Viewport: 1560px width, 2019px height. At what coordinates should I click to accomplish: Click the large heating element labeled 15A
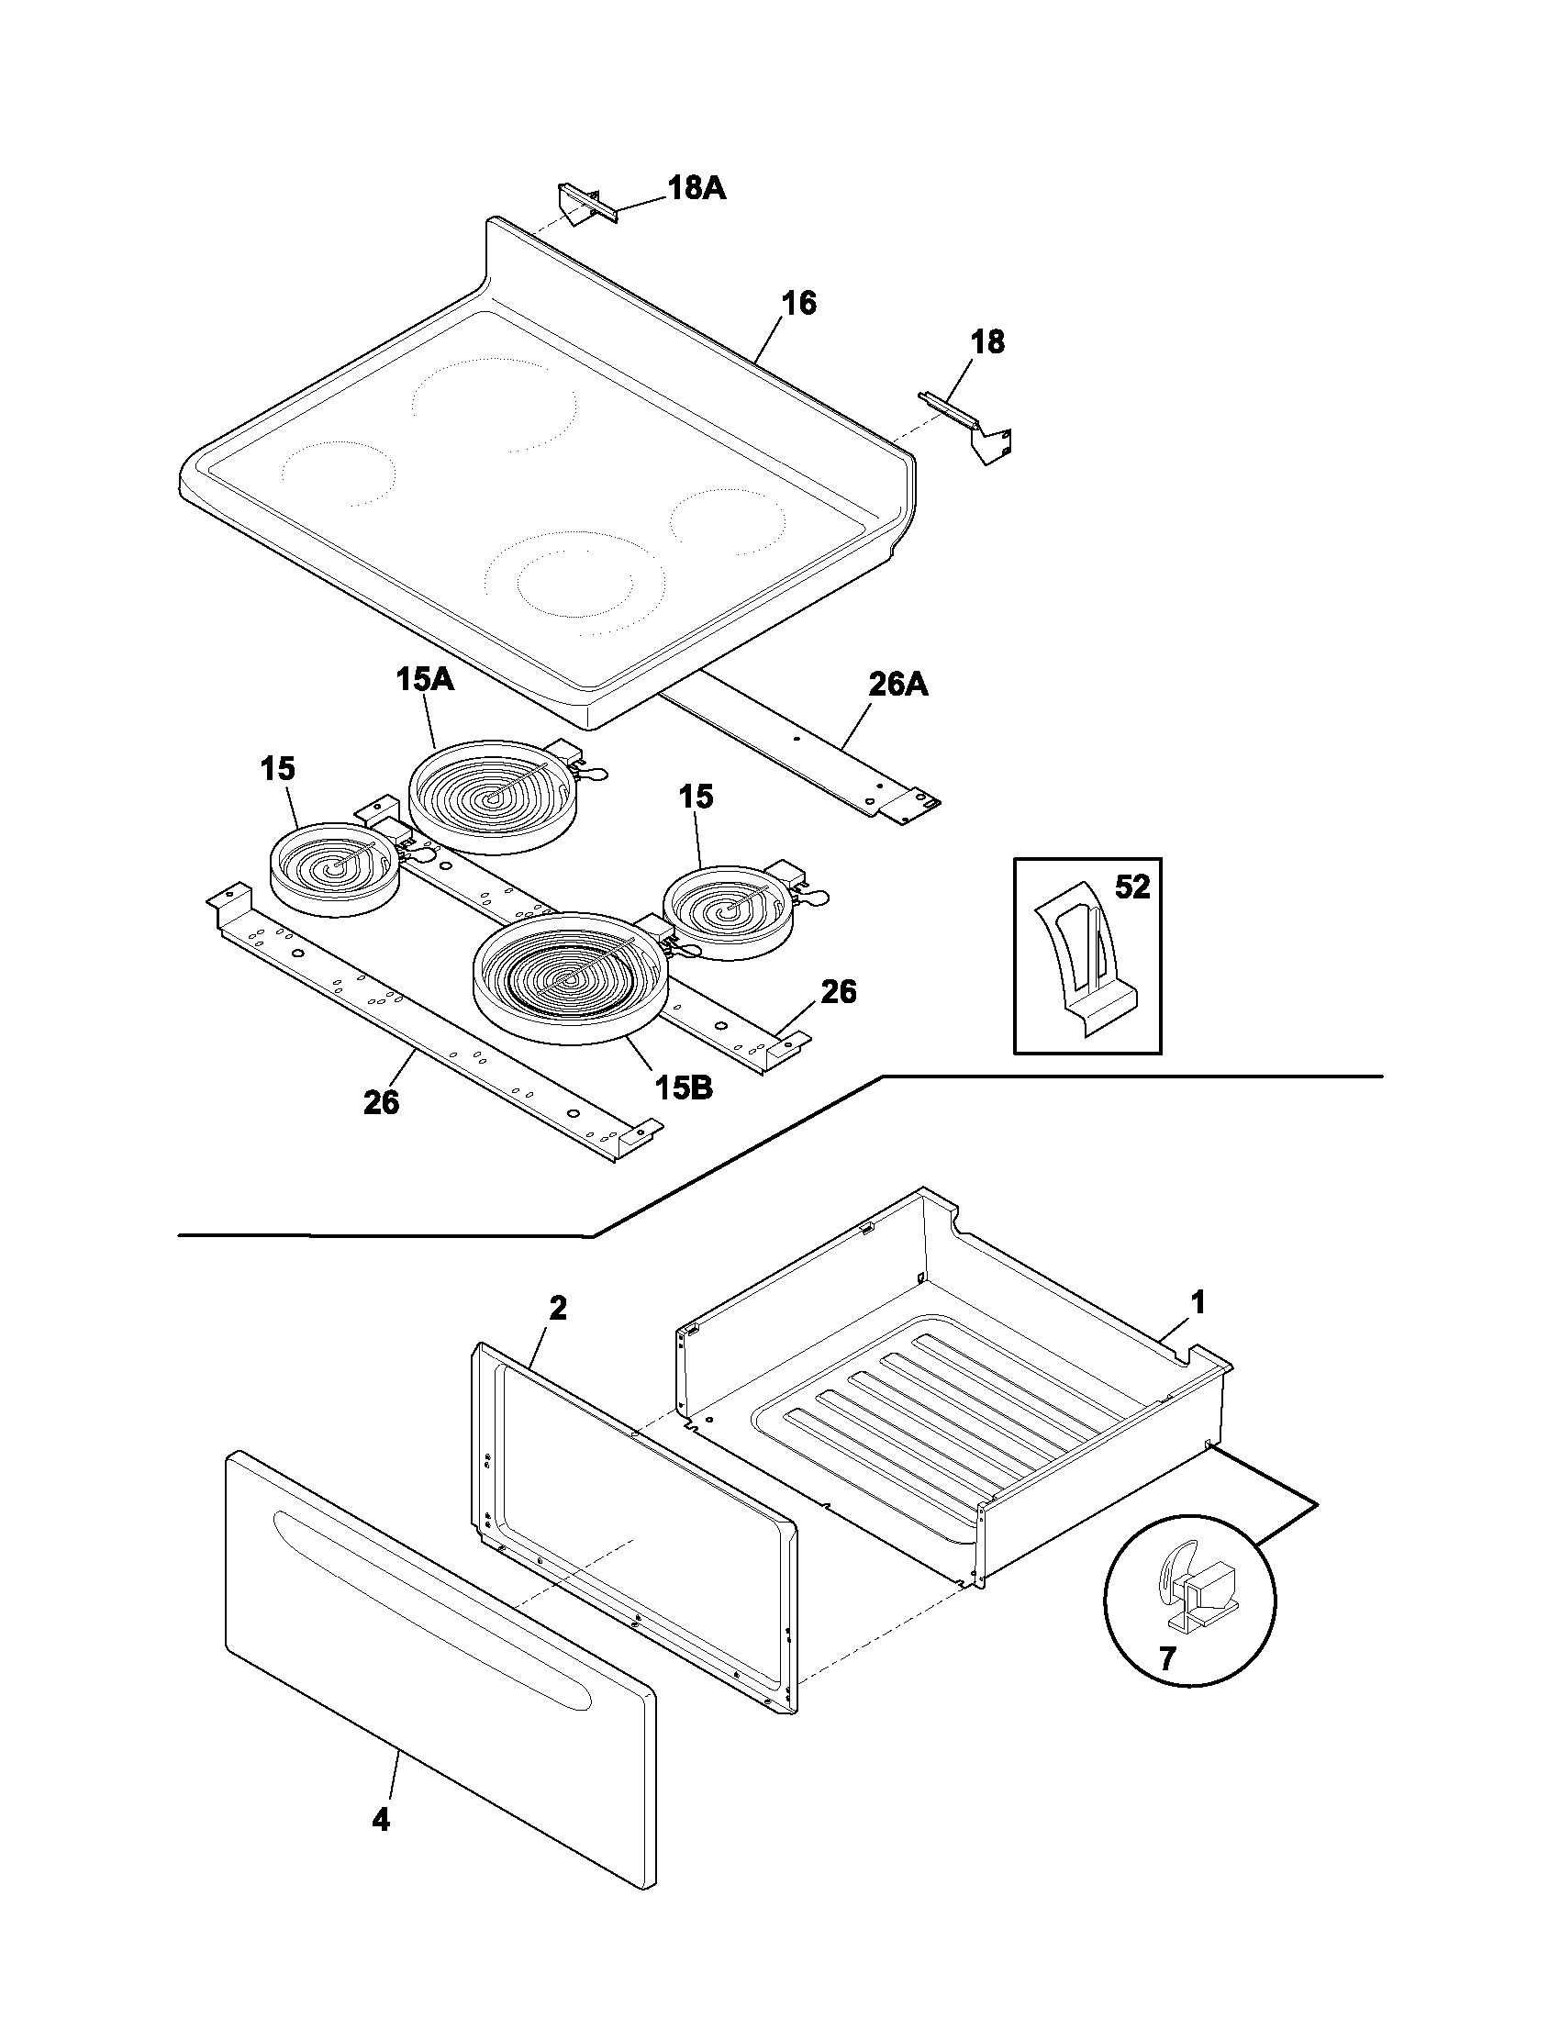[491, 796]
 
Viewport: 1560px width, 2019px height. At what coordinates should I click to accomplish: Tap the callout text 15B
[685, 1088]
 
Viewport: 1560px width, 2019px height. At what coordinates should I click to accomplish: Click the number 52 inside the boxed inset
[1132, 887]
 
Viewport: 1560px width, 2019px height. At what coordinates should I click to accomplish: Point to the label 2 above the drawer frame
[558, 1308]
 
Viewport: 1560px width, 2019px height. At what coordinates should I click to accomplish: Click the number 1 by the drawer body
[1197, 1303]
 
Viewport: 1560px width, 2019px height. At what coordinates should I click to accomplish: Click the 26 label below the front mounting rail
[381, 1102]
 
